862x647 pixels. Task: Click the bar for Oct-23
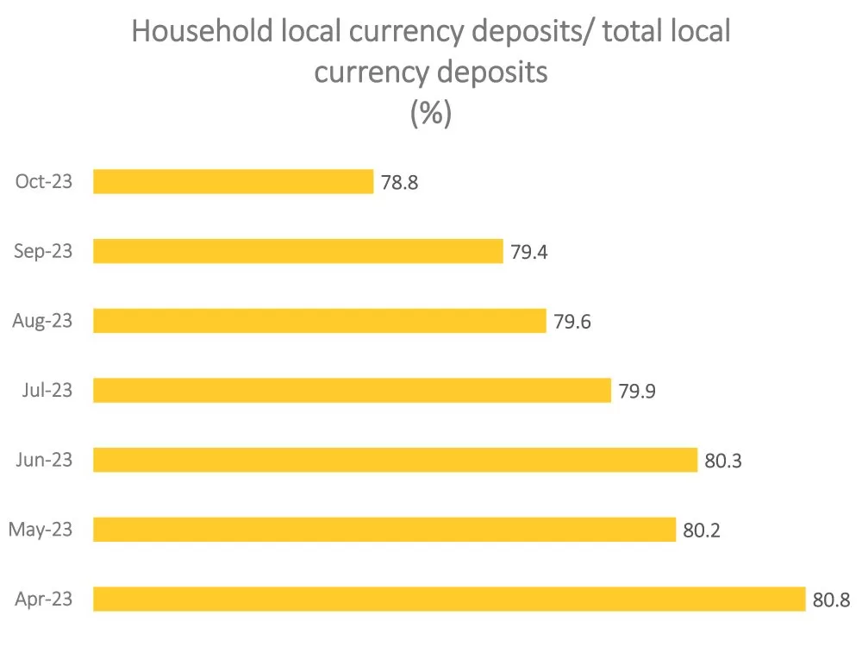(x=233, y=182)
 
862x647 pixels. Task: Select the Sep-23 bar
(x=297, y=251)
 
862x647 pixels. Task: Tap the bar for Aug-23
(x=319, y=321)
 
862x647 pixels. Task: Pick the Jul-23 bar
(x=352, y=390)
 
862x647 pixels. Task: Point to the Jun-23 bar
(x=395, y=460)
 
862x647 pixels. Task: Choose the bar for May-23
(x=384, y=530)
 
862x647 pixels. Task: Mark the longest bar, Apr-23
(x=449, y=599)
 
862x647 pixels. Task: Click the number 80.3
(x=723, y=461)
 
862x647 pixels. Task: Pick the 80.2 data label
(x=702, y=530)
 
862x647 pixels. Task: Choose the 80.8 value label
(x=831, y=600)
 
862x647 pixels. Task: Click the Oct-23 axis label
(x=44, y=182)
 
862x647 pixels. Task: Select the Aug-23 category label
(x=42, y=321)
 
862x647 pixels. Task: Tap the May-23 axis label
(x=40, y=530)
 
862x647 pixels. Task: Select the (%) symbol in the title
(x=431, y=113)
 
